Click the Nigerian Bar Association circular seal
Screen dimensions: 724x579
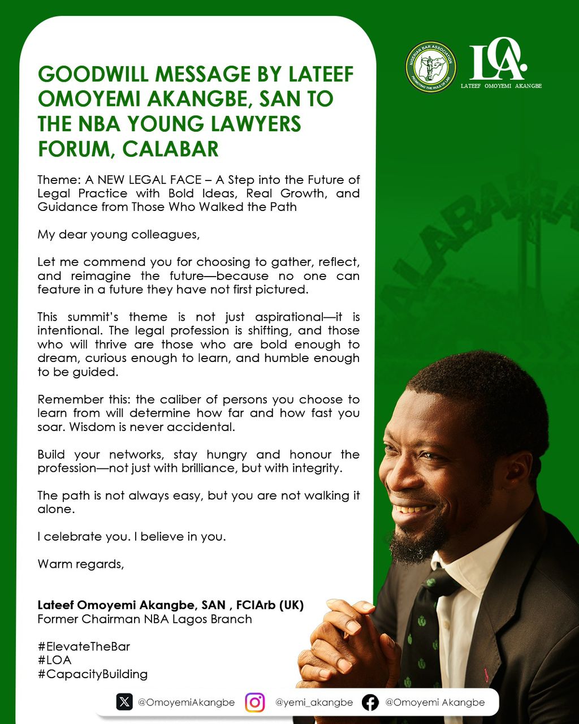[431, 67]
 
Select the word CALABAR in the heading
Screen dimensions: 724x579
[171, 149]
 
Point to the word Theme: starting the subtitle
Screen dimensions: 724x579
[59, 180]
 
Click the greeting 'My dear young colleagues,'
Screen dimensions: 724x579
[119, 234]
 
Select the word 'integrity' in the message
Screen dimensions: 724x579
[314, 468]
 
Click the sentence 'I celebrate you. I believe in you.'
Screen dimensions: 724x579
[132, 537]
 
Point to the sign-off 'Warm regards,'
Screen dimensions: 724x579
[81, 564]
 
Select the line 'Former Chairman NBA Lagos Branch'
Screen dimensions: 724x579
[145, 619]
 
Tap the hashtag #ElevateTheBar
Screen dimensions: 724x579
[84, 647]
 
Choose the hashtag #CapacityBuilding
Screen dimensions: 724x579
[93, 674]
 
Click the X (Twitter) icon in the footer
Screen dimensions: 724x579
[124, 702]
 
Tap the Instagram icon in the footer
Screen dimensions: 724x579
[255, 703]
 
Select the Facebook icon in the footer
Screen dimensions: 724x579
[370, 703]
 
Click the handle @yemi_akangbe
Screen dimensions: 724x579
[314, 703]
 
